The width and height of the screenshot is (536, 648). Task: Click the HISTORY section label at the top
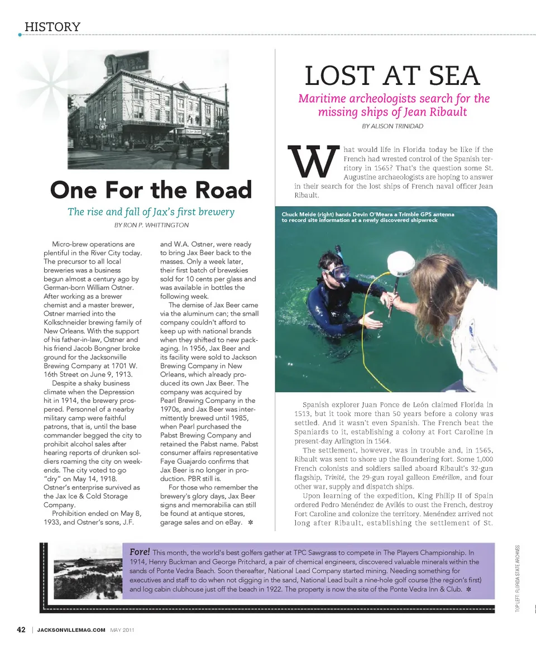pos(52,27)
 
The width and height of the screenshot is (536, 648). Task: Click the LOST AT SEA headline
pos(393,76)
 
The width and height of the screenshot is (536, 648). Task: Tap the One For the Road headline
pos(151,190)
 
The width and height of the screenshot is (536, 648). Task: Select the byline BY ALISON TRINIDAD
pos(393,126)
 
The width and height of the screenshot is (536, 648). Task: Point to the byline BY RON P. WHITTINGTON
pos(151,225)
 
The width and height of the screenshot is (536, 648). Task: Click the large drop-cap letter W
pos(313,163)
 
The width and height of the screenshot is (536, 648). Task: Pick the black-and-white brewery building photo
pos(148,109)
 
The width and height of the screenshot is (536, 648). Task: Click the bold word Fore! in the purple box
pos(139,552)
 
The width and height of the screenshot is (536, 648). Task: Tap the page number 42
pos(21,630)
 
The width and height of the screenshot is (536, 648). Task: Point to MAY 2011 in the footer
pos(122,630)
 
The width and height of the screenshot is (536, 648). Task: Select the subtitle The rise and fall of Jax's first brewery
pos(151,212)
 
